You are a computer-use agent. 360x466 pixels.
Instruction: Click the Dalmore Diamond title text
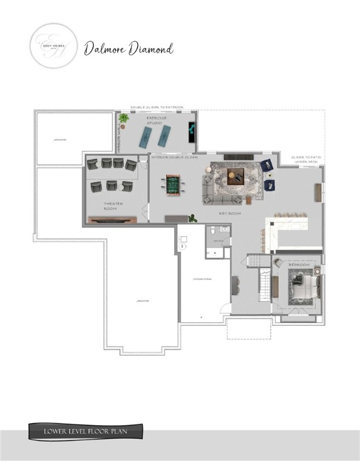(x=129, y=48)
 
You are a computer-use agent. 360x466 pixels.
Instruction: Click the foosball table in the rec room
(x=174, y=183)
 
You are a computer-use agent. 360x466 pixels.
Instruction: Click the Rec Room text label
(x=227, y=214)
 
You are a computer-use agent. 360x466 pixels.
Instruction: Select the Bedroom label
(x=298, y=265)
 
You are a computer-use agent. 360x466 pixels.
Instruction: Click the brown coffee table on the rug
(x=236, y=177)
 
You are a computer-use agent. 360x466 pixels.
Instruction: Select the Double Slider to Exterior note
(x=157, y=107)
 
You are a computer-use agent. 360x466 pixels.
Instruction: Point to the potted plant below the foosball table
(x=193, y=218)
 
